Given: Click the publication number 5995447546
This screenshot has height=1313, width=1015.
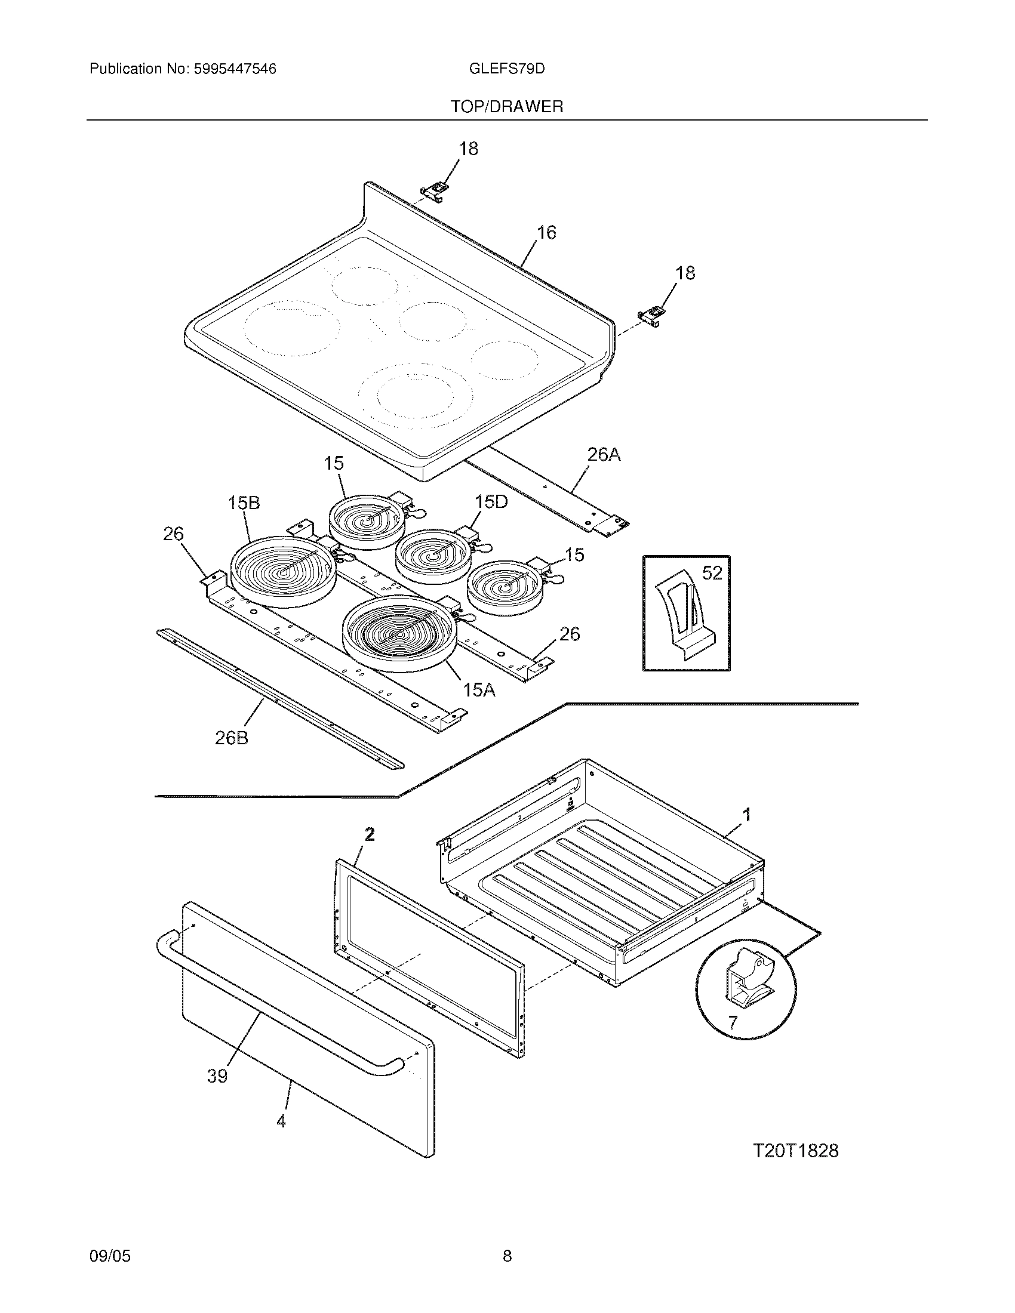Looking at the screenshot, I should (234, 69).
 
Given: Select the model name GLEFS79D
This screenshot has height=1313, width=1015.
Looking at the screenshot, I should (506, 69).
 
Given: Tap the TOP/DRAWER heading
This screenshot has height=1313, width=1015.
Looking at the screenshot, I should (507, 107).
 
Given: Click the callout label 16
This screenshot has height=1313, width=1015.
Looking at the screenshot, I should (546, 232).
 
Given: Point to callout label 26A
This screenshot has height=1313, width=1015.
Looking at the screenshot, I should (604, 455).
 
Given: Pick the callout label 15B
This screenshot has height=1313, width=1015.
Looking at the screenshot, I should (244, 503).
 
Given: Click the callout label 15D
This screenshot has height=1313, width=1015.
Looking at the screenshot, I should (491, 501).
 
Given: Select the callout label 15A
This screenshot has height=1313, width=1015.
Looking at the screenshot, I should (479, 690).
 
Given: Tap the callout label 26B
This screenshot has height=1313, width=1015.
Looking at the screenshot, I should (232, 738).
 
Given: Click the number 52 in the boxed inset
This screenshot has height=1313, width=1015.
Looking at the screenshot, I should (712, 574).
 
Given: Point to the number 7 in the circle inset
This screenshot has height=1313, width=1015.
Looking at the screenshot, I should (732, 1022).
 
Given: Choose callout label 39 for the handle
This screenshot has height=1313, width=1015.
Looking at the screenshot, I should (217, 1075).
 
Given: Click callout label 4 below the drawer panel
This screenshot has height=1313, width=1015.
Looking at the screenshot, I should (281, 1121).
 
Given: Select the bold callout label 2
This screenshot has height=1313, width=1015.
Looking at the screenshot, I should (370, 834).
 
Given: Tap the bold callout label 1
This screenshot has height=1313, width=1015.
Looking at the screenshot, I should (747, 815).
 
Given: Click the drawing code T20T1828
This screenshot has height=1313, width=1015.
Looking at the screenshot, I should (795, 1151).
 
